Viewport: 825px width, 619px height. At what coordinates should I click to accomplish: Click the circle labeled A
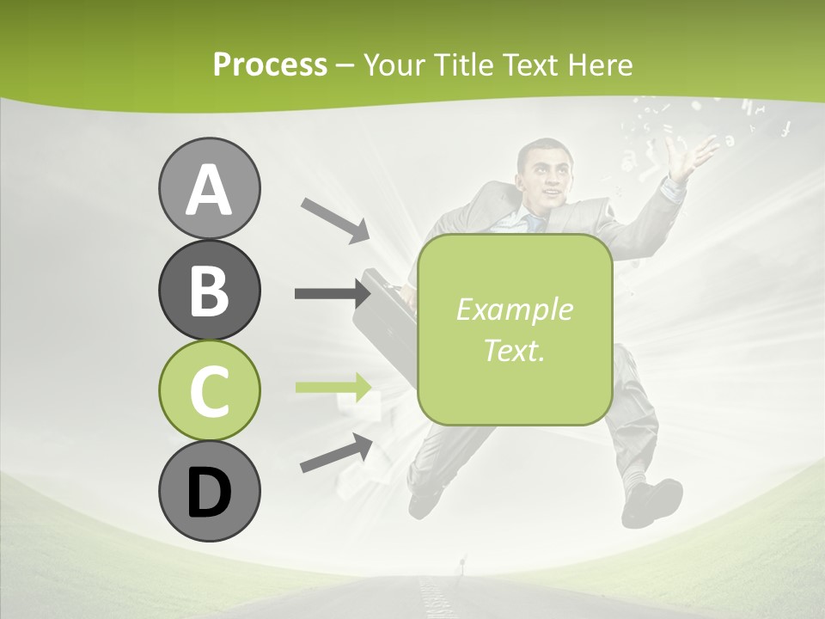pyautogui.click(x=209, y=188)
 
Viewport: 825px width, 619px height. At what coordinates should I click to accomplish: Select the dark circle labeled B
pyautogui.click(x=209, y=290)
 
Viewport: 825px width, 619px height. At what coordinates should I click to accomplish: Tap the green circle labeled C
pyautogui.click(x=209, y=390)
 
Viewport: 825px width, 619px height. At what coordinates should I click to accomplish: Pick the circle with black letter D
pyautogui.click(x=209, y=491)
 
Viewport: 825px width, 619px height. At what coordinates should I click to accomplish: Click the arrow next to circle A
pyautogui.click(x=334, y=220)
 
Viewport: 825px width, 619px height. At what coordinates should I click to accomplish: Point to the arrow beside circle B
pyautogui.click(x=332, y=294)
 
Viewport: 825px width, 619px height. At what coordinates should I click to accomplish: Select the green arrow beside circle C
pyautogui.click(x=333, y=387)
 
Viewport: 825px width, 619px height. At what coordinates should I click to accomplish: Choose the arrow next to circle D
pyautogui.click(x=336, y=454)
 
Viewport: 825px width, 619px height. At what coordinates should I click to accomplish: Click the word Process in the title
pyautogui.click(x=270, y=64)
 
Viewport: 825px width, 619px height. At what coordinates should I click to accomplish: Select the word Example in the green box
pyautogui.click(x=514, y=309)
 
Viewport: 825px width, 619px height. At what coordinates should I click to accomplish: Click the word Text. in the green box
pyautogui.click(x=514, y=350)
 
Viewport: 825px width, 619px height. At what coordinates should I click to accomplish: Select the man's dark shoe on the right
pyautogui.click(x=653, y=500)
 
